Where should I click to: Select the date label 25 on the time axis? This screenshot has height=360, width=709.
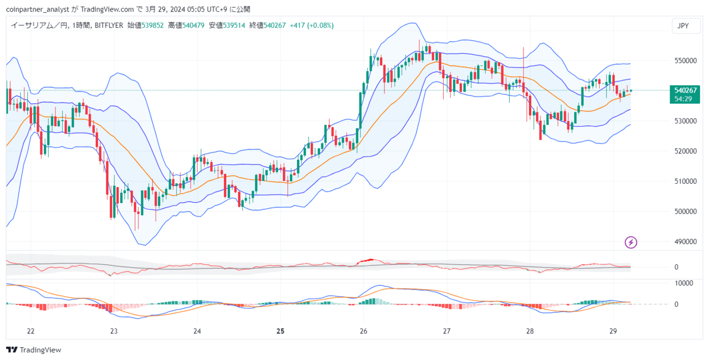[x=280, y=331]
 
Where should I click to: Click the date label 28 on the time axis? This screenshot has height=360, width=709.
[x=530, y=331]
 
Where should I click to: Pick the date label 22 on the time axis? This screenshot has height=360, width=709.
[x=30, y=331]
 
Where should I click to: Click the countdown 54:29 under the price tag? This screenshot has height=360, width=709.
[x=684, y=99]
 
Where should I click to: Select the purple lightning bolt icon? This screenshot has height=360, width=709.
[x=631, y=242]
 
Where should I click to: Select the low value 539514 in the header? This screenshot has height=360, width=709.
[x=233, y=25]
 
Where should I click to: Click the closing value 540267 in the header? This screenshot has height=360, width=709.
[x=274, y=25]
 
